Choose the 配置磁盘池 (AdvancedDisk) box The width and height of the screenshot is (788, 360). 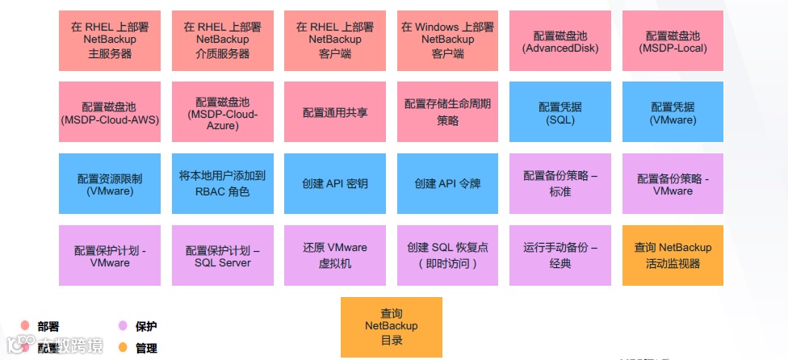[560, 40]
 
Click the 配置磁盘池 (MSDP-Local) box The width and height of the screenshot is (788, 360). [673, 40]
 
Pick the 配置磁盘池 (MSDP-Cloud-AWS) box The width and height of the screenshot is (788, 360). [110, 112]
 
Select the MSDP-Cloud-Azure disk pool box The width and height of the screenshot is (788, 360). [222, 112]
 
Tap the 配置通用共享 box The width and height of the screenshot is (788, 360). [335, 112]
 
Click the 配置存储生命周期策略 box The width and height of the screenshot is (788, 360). [447, 112]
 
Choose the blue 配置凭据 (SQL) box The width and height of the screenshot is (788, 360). [560, 112]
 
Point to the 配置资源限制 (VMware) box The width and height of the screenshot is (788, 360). [110, 184]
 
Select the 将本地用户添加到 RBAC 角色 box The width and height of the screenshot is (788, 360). [222, 184]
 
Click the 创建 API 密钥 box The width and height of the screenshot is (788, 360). [335, 184]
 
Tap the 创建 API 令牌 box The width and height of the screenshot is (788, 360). [447, 184]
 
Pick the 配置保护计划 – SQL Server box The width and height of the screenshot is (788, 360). [222, 256]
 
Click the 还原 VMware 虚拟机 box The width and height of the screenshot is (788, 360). [335, 256]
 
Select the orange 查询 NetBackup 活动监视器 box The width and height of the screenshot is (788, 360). [673, 256]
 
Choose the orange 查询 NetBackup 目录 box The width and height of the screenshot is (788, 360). [391, 327]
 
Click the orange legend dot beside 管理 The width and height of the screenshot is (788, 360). [123, 348]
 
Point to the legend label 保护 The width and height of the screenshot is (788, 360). [146, 327]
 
